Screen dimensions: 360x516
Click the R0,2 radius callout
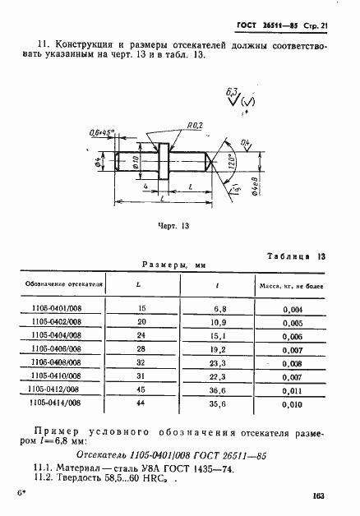(x=196, y=125)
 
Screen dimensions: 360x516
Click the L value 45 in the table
(x=141, y=389)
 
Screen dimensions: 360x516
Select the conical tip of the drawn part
(x=213, y=163)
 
